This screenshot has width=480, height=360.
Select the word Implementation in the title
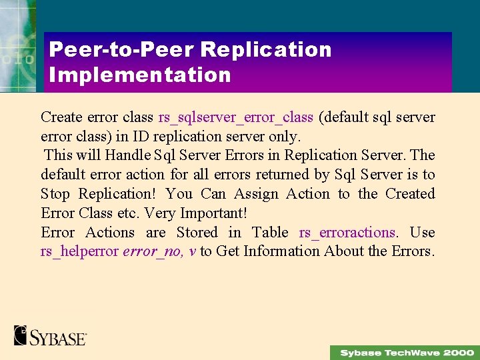(140, 75)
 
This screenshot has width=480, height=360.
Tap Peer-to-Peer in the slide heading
(121, 50)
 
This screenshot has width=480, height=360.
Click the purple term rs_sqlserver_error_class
(235, 117)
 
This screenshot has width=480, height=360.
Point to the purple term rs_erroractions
(347, 233)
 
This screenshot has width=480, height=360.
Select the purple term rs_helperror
(80, 251)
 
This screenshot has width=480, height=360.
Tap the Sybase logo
(51, 335)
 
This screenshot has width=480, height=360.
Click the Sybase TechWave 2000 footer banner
(405, 352)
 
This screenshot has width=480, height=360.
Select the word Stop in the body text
(55, 194)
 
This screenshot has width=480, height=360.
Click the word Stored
(197, 233)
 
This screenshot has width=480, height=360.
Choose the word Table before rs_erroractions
(270, 233)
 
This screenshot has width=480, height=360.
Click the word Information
(281, 251)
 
